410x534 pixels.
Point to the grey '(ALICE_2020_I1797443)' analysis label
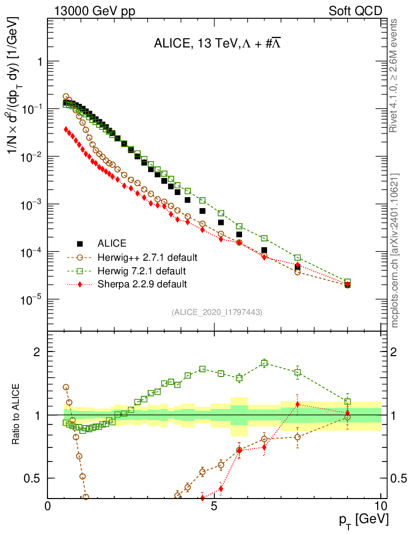(216, 312)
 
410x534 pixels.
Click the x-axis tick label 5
(214, 506)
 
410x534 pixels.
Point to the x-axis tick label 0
(48, 506)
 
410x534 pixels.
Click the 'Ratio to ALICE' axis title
(17, 415)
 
